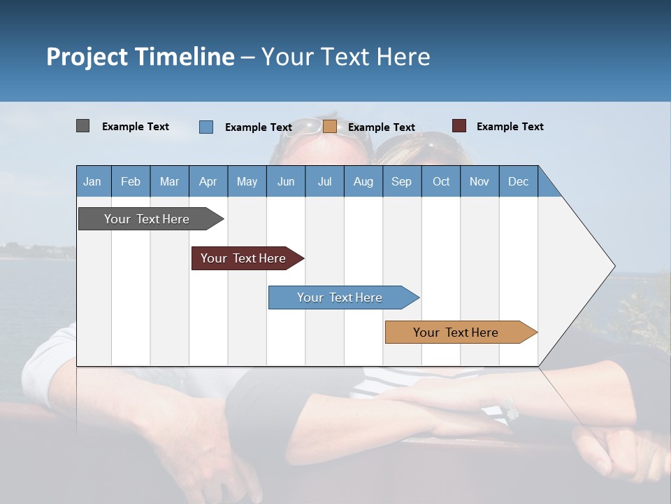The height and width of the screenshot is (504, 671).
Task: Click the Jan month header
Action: [93, 181]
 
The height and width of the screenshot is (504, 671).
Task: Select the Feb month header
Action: [131, 181]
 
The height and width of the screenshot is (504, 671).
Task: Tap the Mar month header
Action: [169, 181]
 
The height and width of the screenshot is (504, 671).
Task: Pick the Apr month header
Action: [208, 181]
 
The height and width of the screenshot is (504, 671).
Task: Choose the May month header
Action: [247, 181]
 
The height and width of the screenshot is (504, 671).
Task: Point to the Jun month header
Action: [286, 181]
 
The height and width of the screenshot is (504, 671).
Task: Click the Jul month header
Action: [325, 181]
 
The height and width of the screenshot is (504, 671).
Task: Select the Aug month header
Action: [363, 181]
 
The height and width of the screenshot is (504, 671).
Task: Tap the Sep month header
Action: [402, 181]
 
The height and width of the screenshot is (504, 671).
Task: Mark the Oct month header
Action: [441, 181]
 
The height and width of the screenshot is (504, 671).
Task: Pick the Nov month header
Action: [479, 181]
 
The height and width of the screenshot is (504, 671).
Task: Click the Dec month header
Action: [519, 181]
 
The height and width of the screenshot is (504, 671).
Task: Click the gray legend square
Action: [82, 126]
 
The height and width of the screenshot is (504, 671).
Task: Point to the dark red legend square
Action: [459, 126]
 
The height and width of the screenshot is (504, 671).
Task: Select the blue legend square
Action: [206, 127]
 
